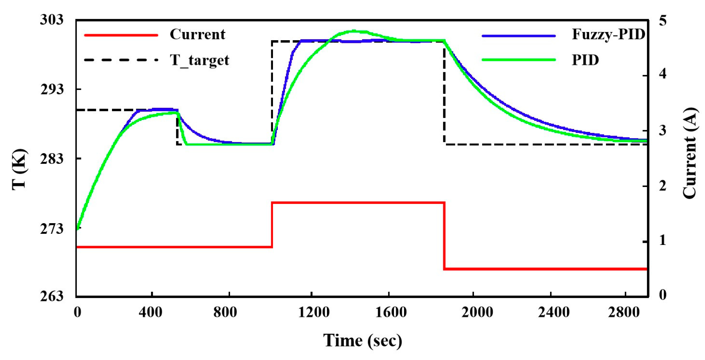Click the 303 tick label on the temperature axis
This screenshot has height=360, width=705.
click(52, 20)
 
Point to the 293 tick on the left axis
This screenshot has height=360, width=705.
click(52, 89)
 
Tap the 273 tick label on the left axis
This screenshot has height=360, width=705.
click(52, 229)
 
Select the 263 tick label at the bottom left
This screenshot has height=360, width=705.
click(52, 296)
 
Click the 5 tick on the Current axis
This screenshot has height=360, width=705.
click(662, 21)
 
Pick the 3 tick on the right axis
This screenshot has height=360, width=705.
click(662, 130)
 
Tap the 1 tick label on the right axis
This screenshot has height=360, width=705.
click(662, 241)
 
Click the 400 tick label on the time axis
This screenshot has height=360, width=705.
click(151, 312)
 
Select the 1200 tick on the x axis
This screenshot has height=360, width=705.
click(314, 312)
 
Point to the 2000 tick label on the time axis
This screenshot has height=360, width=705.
click(477, 312)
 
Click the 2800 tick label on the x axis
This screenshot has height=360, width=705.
click(624, 312)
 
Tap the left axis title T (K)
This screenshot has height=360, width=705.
click(20, 169)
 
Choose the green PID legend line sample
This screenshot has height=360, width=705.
click(518, 60)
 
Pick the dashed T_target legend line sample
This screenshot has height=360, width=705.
click(121, 60)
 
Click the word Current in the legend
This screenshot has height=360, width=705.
click(197, 34)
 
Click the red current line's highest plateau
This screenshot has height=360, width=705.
click(358, 203)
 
